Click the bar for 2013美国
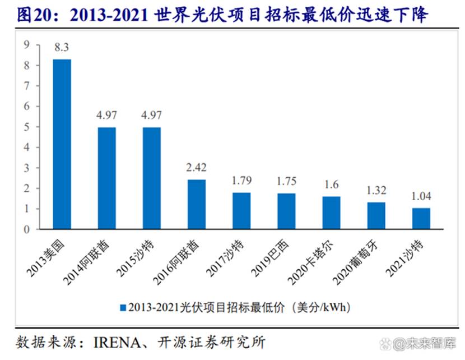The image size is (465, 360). click(x=62, y=144)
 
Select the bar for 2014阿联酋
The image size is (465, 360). click(x=107, y=178)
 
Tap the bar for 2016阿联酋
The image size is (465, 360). click(x=197, y=204)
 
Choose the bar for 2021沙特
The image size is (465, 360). click(x=421, y=219)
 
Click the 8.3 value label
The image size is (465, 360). click(x=62, y=49)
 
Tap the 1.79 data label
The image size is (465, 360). click(x=241, y=181)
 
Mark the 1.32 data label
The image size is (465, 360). click(x=376, y=191)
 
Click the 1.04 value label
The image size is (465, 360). click(x=421, y=197)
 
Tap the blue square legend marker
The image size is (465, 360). click(x=122, y=307)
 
